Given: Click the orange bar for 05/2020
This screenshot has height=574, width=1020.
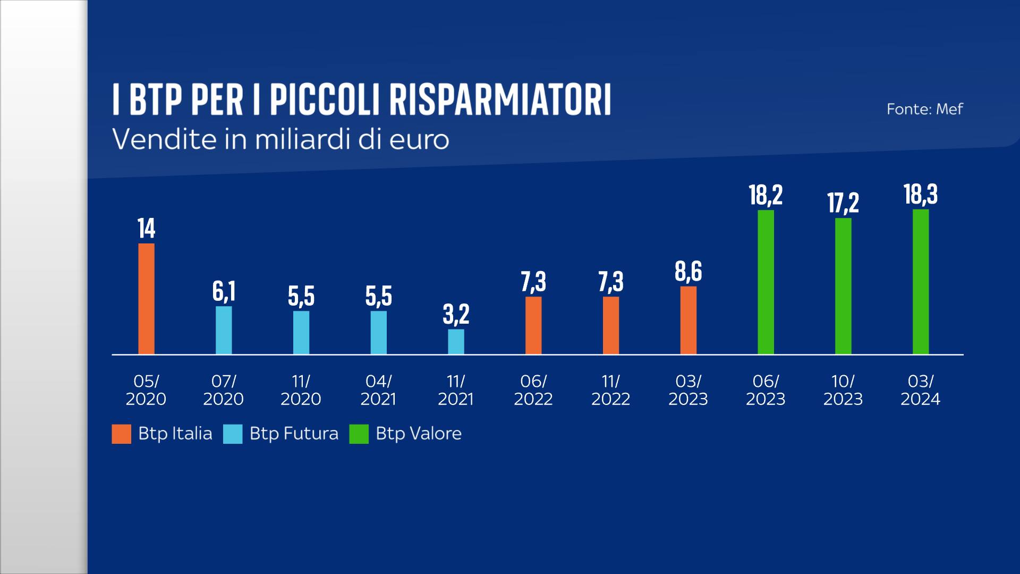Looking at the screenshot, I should coord(146,299).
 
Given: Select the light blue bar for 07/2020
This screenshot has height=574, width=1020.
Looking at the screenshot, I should coord(224,330).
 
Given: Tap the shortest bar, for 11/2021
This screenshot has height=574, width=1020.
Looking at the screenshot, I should coord(456,342).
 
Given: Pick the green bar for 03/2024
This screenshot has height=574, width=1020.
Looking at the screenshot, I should coord(921,282).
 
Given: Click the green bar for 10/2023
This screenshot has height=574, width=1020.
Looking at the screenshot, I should coord(843,286).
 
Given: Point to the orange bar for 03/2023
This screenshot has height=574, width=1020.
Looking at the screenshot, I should coord(688,320).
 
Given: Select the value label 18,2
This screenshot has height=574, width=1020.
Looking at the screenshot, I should coord(766,195).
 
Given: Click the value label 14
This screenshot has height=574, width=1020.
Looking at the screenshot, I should coord(146,229).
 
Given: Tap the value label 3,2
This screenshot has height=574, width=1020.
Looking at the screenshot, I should coord(456,315).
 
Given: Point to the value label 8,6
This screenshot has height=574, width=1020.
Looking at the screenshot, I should coord(688,272).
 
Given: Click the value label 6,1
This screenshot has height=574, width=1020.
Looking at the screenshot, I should coord(224,292).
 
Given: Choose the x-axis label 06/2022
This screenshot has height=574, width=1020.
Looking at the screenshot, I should coord(533,390).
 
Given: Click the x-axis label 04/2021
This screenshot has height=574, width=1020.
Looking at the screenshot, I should coord(378,390).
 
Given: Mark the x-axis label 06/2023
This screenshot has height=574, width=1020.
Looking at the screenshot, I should coord(766,390).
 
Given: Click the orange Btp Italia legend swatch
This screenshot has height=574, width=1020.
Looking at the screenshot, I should coord(121,434).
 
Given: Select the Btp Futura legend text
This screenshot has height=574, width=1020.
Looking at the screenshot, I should coord(294,434).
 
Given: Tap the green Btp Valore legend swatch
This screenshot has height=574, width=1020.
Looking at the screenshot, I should coord(359,434).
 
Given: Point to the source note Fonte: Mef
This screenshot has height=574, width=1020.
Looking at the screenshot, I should coord(924,109).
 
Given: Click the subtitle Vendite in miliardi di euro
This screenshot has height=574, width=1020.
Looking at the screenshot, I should coord(281,140).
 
